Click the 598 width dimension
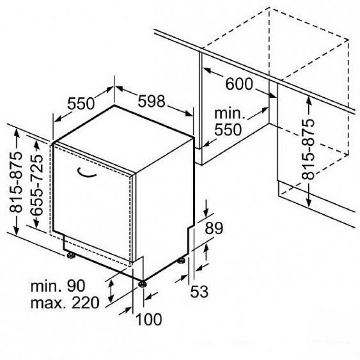[151, 101]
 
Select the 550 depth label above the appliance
[81, 103]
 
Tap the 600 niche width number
[239, 84]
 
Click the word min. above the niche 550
[229, 114]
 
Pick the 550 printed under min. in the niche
[228, 130]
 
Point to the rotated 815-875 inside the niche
[308, 149]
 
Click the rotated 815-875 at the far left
[16, 182]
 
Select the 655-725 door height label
[36, 184]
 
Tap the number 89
[214, 228]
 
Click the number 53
[199, 292]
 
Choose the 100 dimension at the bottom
[149, 319]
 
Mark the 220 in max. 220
[85, 302]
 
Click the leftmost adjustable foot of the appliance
[71, 255]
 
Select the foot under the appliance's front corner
[143, 284]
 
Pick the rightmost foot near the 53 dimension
[182, 261]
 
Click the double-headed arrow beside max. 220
[111, 291]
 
